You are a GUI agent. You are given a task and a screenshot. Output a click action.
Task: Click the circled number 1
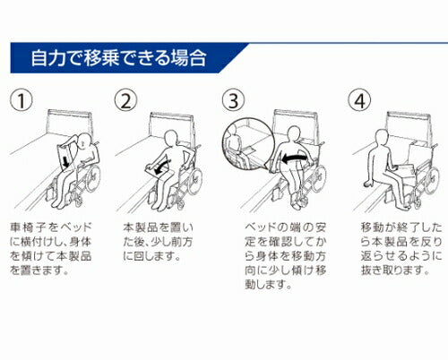(x=22, y=100)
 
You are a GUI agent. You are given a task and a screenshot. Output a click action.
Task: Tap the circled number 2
(x=126, y=100)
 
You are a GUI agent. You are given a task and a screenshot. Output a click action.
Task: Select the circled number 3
(x=233, y=100)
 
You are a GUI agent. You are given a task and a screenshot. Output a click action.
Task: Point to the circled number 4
(x=359, y=100)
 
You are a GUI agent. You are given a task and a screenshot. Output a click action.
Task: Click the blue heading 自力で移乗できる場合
(x=118, y=58)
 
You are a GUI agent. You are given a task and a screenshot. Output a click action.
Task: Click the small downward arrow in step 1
(x=65, y=162)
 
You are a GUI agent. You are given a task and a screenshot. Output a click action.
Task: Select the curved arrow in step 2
(x=162, y=167)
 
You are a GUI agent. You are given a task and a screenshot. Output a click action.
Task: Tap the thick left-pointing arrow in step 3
(x=295, y=159)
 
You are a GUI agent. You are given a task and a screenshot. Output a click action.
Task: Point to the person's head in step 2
(x=171, y=138)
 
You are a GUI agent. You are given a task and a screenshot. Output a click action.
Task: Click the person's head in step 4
(x=382, y=136)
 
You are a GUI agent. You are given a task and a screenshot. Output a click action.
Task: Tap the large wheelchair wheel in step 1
(x=93, y=176)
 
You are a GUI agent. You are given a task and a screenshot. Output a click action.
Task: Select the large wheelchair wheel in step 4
(x=432, y=180)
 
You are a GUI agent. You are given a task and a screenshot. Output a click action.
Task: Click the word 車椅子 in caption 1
(x=28, y=227)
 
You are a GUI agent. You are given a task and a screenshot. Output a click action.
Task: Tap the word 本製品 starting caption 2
(x=140, y=227)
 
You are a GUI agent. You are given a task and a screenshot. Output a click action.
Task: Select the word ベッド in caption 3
(x=257, y=227)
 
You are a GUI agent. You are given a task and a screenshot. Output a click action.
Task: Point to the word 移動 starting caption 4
(x=372, y=227)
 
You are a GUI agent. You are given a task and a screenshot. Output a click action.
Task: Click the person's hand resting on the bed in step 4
(x=367, y=184)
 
